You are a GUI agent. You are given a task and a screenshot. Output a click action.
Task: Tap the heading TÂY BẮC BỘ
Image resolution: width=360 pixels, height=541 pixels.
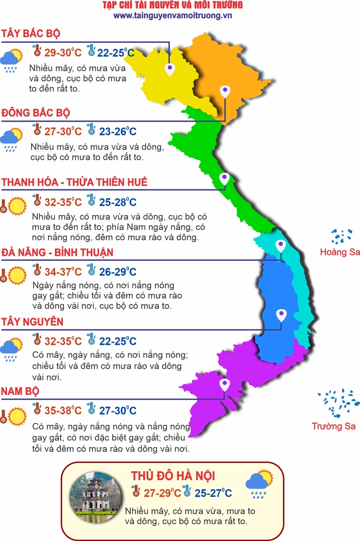click(31, 34)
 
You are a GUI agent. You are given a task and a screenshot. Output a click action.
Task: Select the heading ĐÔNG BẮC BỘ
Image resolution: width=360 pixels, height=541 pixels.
click(36, 112)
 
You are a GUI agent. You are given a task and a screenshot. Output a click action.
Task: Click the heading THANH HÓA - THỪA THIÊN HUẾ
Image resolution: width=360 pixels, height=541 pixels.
click(74, 183)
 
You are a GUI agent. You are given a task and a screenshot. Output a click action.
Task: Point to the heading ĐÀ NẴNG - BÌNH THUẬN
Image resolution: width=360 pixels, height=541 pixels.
click(57, 252)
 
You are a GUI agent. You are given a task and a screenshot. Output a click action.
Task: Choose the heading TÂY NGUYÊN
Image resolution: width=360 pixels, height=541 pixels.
click(32, 322)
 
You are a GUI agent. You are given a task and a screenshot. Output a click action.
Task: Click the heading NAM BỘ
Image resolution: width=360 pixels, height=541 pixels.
click(20, 391)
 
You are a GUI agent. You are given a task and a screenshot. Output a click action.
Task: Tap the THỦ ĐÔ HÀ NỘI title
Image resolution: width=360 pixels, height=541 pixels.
click(173, 476)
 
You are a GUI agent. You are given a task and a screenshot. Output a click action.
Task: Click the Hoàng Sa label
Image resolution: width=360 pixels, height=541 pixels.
click(340, 252)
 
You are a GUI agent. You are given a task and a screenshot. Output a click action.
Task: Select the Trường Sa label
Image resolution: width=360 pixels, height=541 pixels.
click(334, 426)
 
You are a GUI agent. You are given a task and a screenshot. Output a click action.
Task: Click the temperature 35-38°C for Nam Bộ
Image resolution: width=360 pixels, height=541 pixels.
click(63, 411)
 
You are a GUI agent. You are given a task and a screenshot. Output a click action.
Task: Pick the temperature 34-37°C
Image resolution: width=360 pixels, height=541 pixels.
click(63, 272)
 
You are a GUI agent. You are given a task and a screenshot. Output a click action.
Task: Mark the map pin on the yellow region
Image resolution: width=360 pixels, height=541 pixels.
click(170, 69)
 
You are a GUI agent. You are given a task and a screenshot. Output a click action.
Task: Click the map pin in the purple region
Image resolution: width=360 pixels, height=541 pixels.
click(224, 385)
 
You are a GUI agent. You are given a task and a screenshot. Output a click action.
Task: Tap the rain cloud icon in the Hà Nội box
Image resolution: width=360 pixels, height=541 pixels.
click(259, 484)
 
